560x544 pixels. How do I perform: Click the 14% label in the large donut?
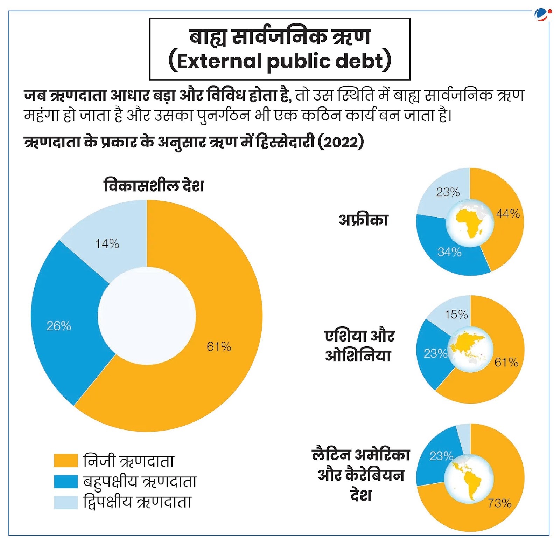(x=107, y=243)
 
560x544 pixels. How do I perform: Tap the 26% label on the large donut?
(x=59, y=326)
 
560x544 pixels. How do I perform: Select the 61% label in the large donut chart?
(x=219, y=347)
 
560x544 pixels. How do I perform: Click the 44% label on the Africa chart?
(x=508, y=214)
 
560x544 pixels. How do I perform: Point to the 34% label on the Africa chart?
(x=449, y=252)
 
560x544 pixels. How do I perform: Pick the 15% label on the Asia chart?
(x=456, y=314)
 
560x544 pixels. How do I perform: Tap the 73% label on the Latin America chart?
(x=500, y=503)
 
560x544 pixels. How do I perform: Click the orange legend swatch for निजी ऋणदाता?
(x=66, y=460)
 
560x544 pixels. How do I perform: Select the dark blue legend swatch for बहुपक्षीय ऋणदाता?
(x=66, y=481)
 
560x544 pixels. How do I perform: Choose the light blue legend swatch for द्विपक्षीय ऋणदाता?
(x=66, y=502)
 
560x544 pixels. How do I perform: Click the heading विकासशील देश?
(x=154, y=185)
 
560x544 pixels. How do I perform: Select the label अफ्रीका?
(x=364, y=220)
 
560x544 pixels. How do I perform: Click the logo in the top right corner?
(x=542, y=15)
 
